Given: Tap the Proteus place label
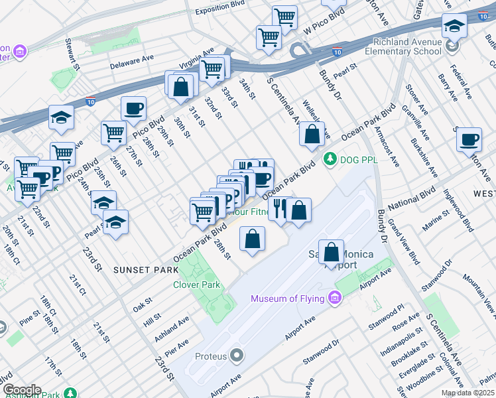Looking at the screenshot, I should click(211, 356).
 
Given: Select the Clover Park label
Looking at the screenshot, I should click(196, 285).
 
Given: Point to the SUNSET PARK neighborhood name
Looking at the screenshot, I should click(145, 270).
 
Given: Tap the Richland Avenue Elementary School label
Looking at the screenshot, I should click(404, 46).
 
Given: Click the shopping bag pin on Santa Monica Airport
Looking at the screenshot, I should click(332, 252).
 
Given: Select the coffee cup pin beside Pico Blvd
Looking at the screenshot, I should click(133, 109).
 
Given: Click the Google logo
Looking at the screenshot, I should click(22, 390).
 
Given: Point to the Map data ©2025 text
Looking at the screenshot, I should click(467, 393).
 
